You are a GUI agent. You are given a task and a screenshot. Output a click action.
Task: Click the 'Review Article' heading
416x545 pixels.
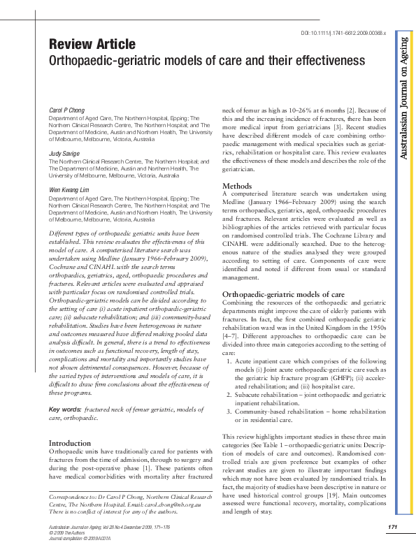tap(92, 44)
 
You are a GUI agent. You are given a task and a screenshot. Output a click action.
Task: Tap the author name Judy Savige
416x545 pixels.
tap(64, 153)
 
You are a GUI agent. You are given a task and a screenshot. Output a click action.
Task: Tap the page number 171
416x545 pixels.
tap(392, 525)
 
